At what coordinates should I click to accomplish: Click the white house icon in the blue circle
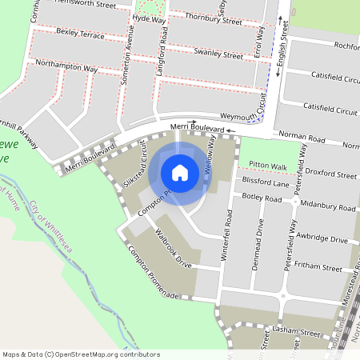[x=180, y=173]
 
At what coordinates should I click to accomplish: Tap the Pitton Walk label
[x=267, y=166]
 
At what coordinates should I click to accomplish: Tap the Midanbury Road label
[x=329, y=207]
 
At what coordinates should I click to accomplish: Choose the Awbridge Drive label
[x=322, y=239]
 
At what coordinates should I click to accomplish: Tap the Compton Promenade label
[x=152, y=273]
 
